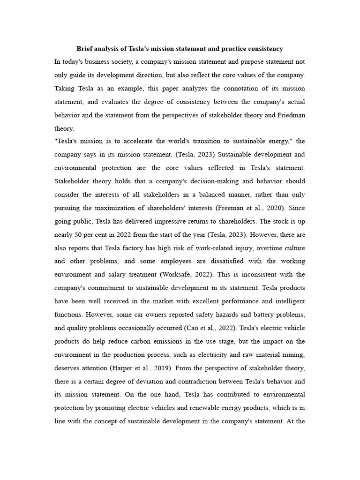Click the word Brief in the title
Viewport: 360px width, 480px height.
point(85,49)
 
